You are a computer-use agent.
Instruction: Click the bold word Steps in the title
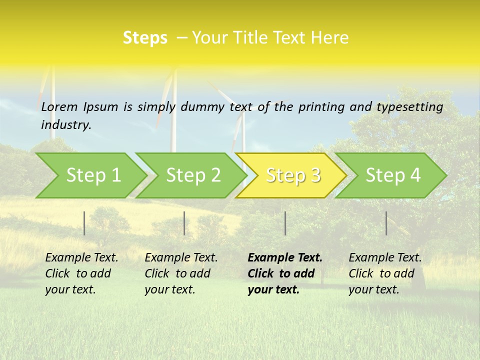145,38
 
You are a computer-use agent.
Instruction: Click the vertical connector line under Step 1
84,223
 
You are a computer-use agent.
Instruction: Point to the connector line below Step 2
184,223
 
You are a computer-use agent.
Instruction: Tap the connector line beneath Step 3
285,223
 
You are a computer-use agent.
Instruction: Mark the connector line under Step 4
386,223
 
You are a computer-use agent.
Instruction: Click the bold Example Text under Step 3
284,273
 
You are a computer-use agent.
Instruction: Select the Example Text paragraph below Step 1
81,273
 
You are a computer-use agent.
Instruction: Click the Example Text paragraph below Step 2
181,273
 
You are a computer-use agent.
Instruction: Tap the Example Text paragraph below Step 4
385,273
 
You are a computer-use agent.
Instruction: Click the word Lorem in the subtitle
59,106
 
